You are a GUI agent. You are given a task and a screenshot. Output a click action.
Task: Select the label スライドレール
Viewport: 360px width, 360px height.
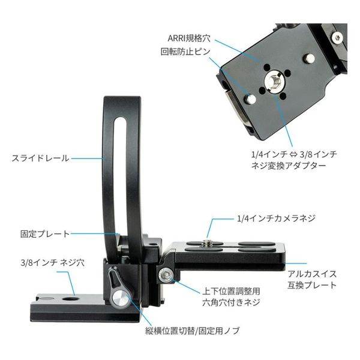40,158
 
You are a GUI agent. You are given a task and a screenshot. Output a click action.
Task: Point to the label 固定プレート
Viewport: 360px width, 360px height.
45,233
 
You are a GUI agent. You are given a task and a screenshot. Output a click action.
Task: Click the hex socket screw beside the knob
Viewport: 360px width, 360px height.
165,276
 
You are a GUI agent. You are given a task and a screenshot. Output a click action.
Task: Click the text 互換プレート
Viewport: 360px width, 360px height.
311,284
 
